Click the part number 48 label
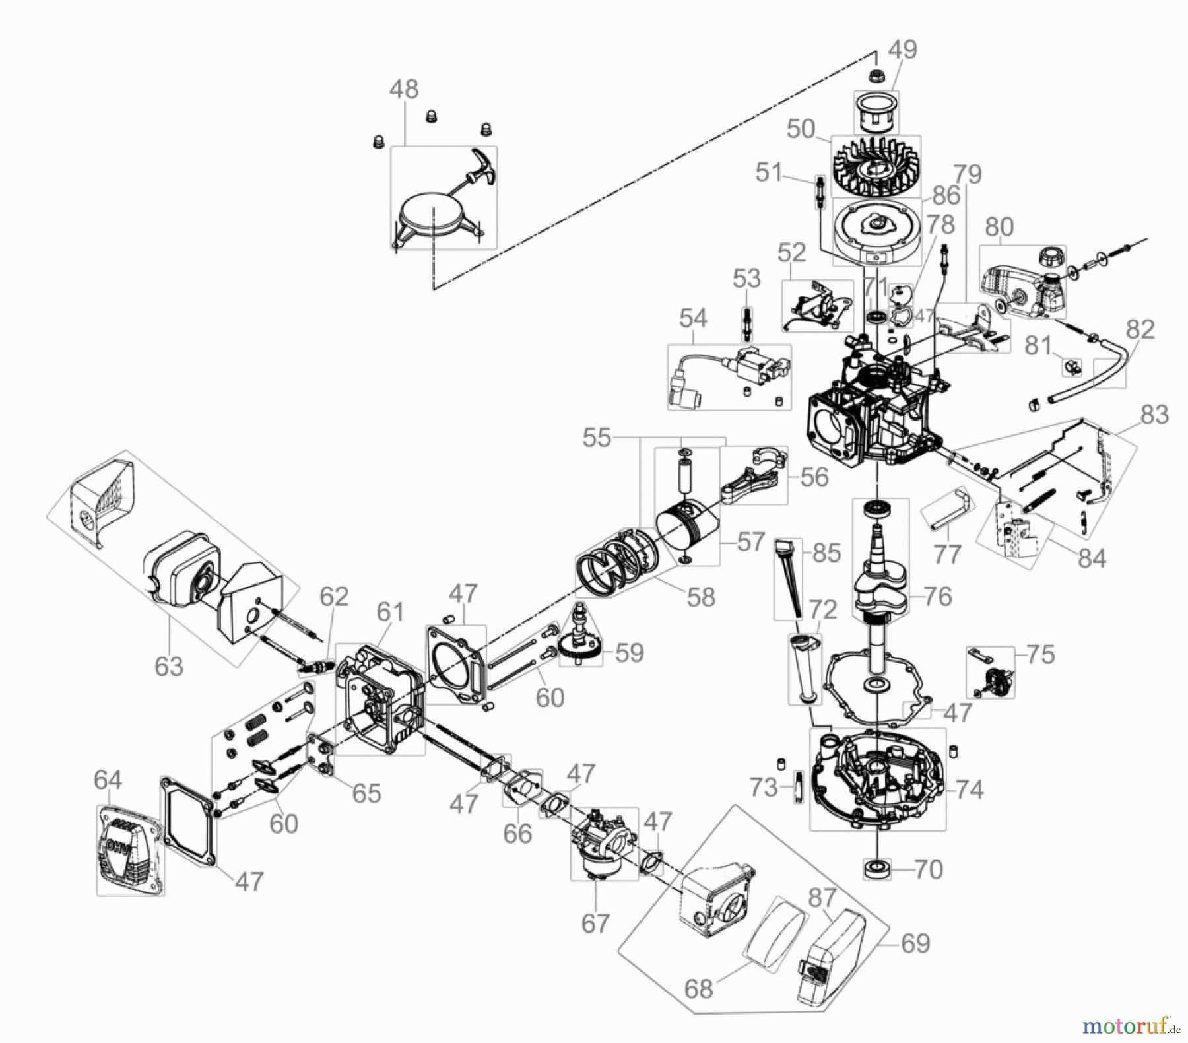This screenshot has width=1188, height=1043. click(x=403, y=89)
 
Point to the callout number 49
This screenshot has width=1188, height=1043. click(x=902, y=50)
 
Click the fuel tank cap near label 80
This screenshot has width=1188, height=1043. click(x=1051, y=255)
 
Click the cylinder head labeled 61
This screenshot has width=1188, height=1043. click(x=379, y=700)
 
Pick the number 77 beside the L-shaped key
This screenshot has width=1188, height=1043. click(x=947, y=555)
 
